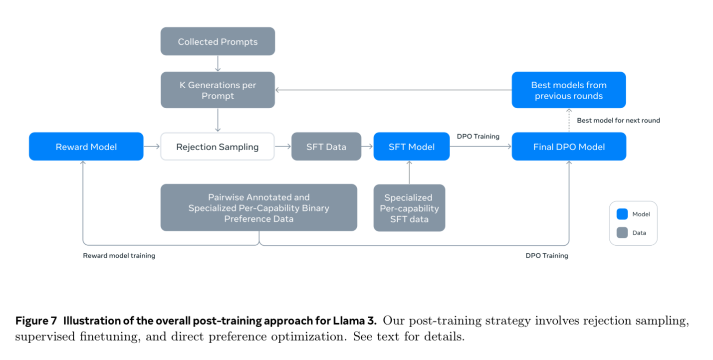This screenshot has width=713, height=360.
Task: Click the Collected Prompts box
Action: pos(218,41)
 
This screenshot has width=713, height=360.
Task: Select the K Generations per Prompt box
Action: pos(218,90)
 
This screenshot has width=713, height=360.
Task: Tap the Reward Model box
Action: pos(86,147)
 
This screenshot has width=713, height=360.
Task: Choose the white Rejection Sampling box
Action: pos(218,147)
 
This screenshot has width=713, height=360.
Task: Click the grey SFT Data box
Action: pos(326,147)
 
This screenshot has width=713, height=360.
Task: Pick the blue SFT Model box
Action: pos(411,147)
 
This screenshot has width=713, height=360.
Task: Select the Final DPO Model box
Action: pos(569,147)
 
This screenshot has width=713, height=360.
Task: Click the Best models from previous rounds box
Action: pos(569,90)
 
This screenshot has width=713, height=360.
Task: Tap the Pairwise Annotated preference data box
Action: pos(258,208)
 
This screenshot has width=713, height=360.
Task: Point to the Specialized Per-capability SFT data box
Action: pos(409,208)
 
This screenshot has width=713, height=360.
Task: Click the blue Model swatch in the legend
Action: pos(622,214)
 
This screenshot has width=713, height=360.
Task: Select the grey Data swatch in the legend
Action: pos(622,232)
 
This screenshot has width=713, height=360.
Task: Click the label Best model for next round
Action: pos(618,120)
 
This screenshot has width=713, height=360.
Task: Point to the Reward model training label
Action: pos(119,256)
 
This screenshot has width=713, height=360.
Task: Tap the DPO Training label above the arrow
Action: pos(478,136)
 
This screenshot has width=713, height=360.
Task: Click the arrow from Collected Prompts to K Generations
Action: pos(218,63)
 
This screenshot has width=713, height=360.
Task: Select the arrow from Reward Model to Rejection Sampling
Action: pos(152,147)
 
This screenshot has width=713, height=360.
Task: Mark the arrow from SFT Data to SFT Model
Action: pos(367,147)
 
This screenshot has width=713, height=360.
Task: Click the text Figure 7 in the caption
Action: pos(36,321)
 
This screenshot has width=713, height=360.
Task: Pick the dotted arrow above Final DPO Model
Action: pos(569,120)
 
